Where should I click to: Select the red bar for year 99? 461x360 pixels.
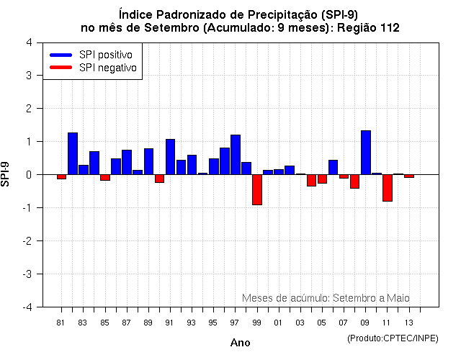(257, 189)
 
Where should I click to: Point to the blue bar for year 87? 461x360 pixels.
(127, 162)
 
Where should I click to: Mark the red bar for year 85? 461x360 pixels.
(105, 177)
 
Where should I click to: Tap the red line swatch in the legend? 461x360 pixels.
(61, 68)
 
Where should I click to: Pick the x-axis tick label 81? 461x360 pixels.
(61, 322)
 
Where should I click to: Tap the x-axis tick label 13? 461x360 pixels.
(409, 322)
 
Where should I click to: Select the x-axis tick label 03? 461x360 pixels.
(300, 322)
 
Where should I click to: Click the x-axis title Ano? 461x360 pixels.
(240, 343)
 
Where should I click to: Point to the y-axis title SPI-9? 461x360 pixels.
(6, 174)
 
